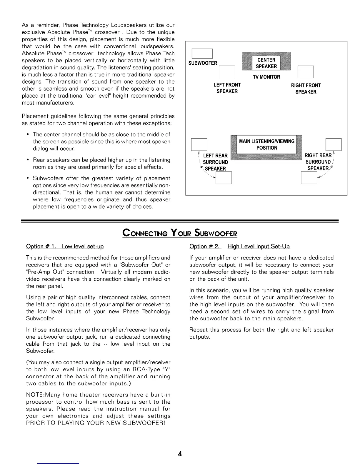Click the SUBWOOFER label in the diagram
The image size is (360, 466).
203,63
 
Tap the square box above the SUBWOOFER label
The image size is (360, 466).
202,54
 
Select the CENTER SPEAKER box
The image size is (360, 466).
266,63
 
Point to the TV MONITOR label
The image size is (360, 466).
266,77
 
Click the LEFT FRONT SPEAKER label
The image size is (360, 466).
227,88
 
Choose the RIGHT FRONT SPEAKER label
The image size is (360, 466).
306,89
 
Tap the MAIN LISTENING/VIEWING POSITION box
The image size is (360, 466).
266,144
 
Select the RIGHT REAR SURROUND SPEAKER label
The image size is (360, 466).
318,162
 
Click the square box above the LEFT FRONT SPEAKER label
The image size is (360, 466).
227,72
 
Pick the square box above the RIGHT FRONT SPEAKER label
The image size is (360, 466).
306,72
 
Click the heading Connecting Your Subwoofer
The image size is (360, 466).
180,233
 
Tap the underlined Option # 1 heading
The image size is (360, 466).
65,246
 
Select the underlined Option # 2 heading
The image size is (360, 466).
239,246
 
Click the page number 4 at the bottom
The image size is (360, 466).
180,454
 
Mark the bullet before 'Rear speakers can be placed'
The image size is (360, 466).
28,160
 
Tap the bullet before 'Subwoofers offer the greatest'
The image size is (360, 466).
28,178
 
